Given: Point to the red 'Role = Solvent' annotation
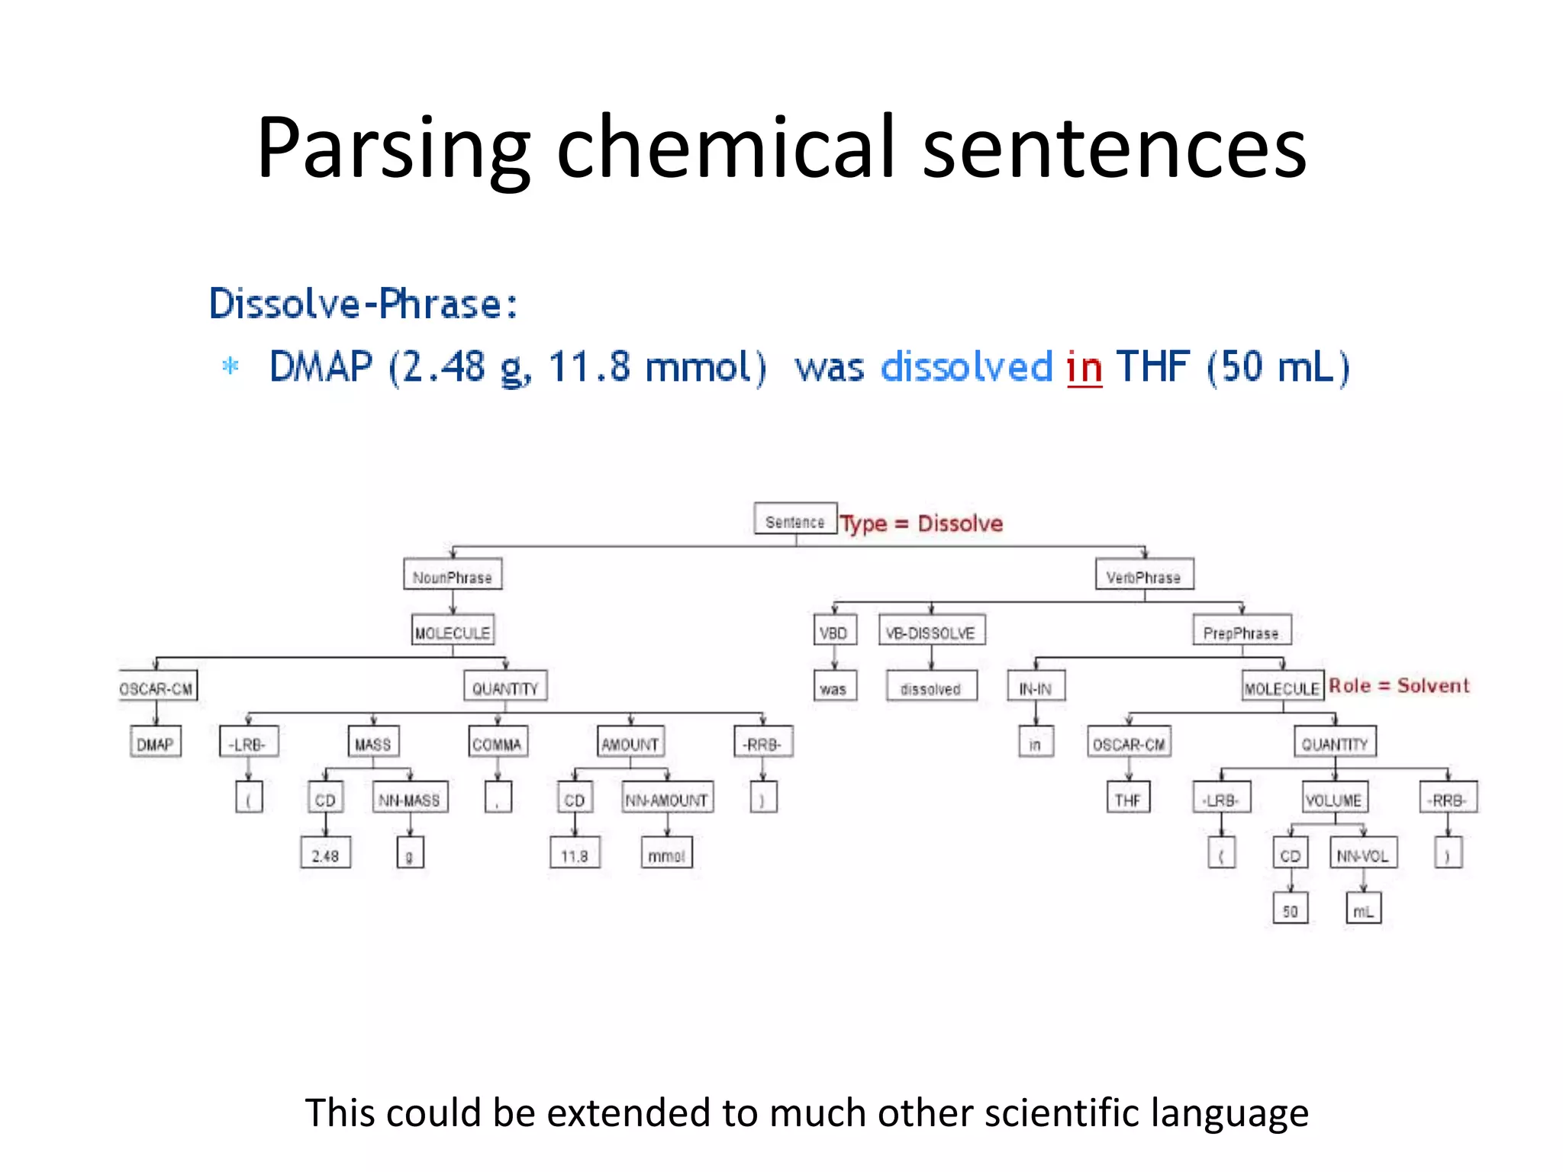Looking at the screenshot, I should (1398, 685).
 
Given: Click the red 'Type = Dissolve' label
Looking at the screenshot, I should (921, 523).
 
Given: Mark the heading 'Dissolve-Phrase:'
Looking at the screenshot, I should (363, 304).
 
